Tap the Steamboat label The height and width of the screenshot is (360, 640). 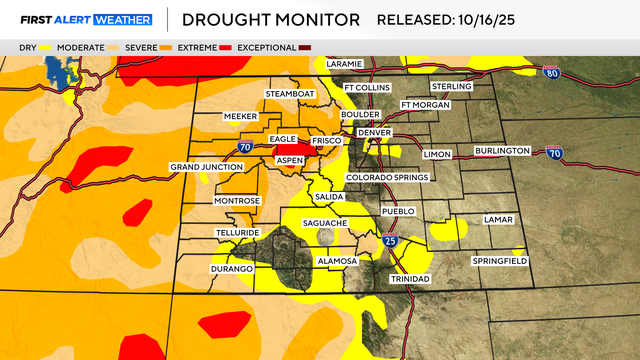290,94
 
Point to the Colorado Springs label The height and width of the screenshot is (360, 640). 387,177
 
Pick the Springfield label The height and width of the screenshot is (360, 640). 500,261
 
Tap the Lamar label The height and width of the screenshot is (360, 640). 497,218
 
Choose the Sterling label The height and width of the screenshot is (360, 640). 453,87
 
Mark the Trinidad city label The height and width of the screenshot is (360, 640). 409,278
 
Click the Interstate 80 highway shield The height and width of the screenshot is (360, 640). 554,74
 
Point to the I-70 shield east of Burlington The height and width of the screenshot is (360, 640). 555,151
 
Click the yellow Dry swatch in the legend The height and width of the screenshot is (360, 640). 45,47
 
